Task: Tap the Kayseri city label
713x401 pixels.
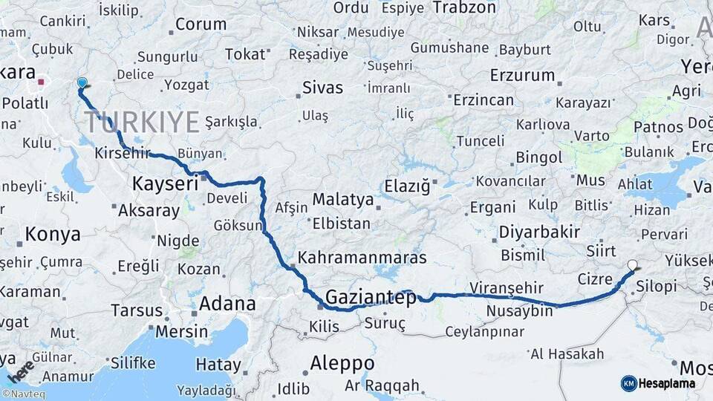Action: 165,183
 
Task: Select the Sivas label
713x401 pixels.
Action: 322,88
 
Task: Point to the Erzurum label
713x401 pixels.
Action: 522,75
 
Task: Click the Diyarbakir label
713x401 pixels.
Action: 539,231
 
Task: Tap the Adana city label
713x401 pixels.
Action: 227,304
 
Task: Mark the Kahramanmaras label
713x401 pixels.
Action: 362,258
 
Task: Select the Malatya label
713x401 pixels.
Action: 342,200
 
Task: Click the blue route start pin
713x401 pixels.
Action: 82,84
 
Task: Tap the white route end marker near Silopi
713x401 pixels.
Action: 633,265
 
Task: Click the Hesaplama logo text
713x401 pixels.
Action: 668,383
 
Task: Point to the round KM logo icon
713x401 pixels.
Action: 628,383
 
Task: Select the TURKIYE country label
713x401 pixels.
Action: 142,121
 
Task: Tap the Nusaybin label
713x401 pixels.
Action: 521,310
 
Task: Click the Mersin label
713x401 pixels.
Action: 182,331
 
